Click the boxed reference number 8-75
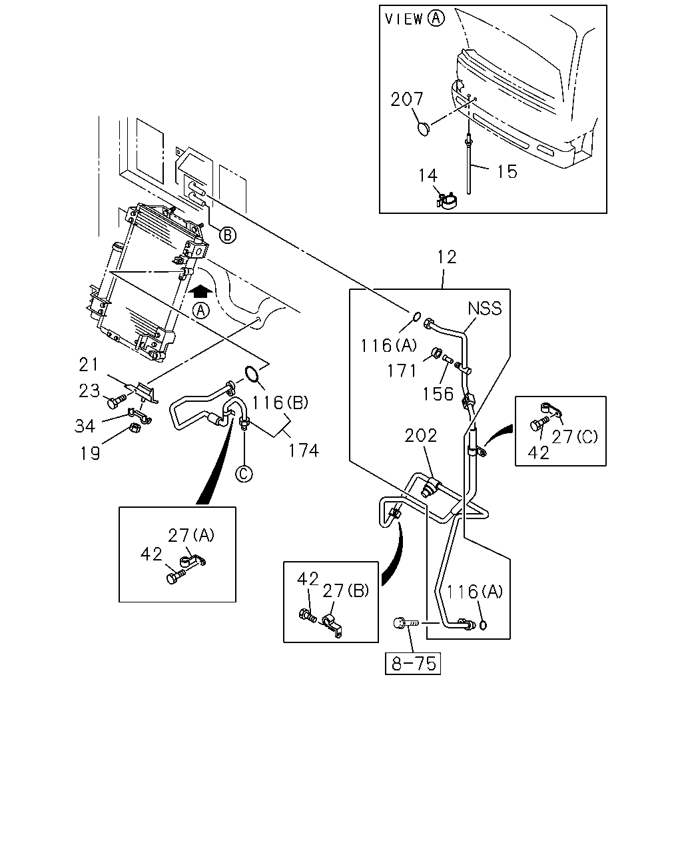click(x=412, y=663)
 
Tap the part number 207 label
click(x=406, y=99)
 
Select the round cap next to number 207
click(x=424, y=129)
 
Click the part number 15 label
click(x=507, y=172)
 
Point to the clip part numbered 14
click(x=446, y=201)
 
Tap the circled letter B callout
click(x=228, y=235)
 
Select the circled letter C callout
click(x=244, y=474)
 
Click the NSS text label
click(x=485, y=309)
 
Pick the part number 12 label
click(x=447, y=257)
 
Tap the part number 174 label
click(x=304, y=450)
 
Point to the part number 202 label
click(x=420, y=436)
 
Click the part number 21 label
click(x=89, y=365)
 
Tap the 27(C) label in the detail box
click(x=574, y=436)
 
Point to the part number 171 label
click(x=402, y=371)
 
